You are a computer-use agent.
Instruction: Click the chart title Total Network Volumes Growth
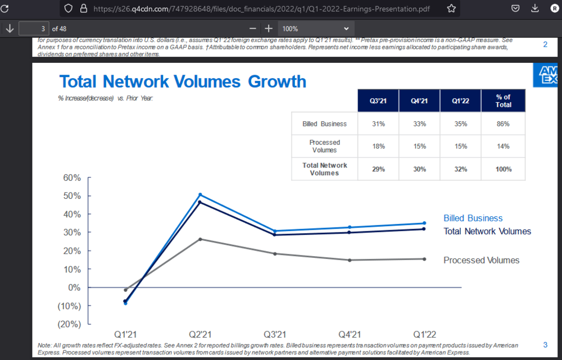point(183,81)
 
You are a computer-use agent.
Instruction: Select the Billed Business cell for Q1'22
point(461,124)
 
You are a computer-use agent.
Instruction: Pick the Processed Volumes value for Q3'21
point(378,146)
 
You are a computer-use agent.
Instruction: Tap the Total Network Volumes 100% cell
point(504,169)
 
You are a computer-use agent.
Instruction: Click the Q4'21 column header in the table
point(419,101)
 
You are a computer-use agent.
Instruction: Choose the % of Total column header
point(504,101)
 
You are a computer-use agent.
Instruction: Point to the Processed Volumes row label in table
point(324,146)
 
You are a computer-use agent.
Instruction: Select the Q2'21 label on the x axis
point(200,334)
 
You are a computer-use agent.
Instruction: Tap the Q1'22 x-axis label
point(424,334)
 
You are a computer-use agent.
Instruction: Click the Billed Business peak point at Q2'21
point(200,195)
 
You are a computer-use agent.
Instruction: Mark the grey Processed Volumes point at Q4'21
point(350,260)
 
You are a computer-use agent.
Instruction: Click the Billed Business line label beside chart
point(473,218)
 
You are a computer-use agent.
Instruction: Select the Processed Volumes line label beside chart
point(481,260)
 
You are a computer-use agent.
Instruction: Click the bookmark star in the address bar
point(451,8)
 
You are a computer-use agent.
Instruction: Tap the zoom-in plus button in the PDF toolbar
point(269,28)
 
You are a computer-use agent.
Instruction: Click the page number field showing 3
point(34,28)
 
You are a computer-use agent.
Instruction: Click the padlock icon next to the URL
point(84,8)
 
